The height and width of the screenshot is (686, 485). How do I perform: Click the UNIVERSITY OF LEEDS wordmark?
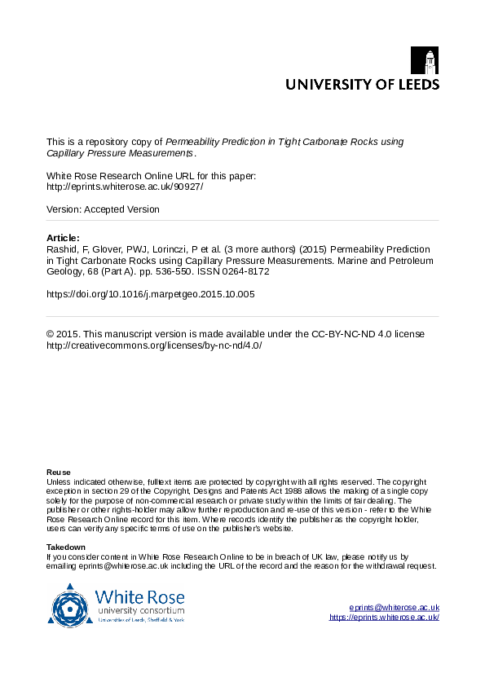361,84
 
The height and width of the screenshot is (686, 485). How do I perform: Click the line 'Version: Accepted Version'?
103,209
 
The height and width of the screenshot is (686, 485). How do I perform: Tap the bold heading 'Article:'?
64,238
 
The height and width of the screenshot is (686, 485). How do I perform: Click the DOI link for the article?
151,294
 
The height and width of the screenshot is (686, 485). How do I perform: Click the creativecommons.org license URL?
154,345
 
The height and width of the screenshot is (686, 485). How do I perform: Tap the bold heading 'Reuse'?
59,473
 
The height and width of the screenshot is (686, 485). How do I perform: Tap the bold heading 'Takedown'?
66,547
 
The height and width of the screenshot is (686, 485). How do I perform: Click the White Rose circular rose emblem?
71,605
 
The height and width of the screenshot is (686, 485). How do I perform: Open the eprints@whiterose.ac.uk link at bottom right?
395,608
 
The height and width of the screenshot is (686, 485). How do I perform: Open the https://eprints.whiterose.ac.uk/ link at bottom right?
384,618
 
